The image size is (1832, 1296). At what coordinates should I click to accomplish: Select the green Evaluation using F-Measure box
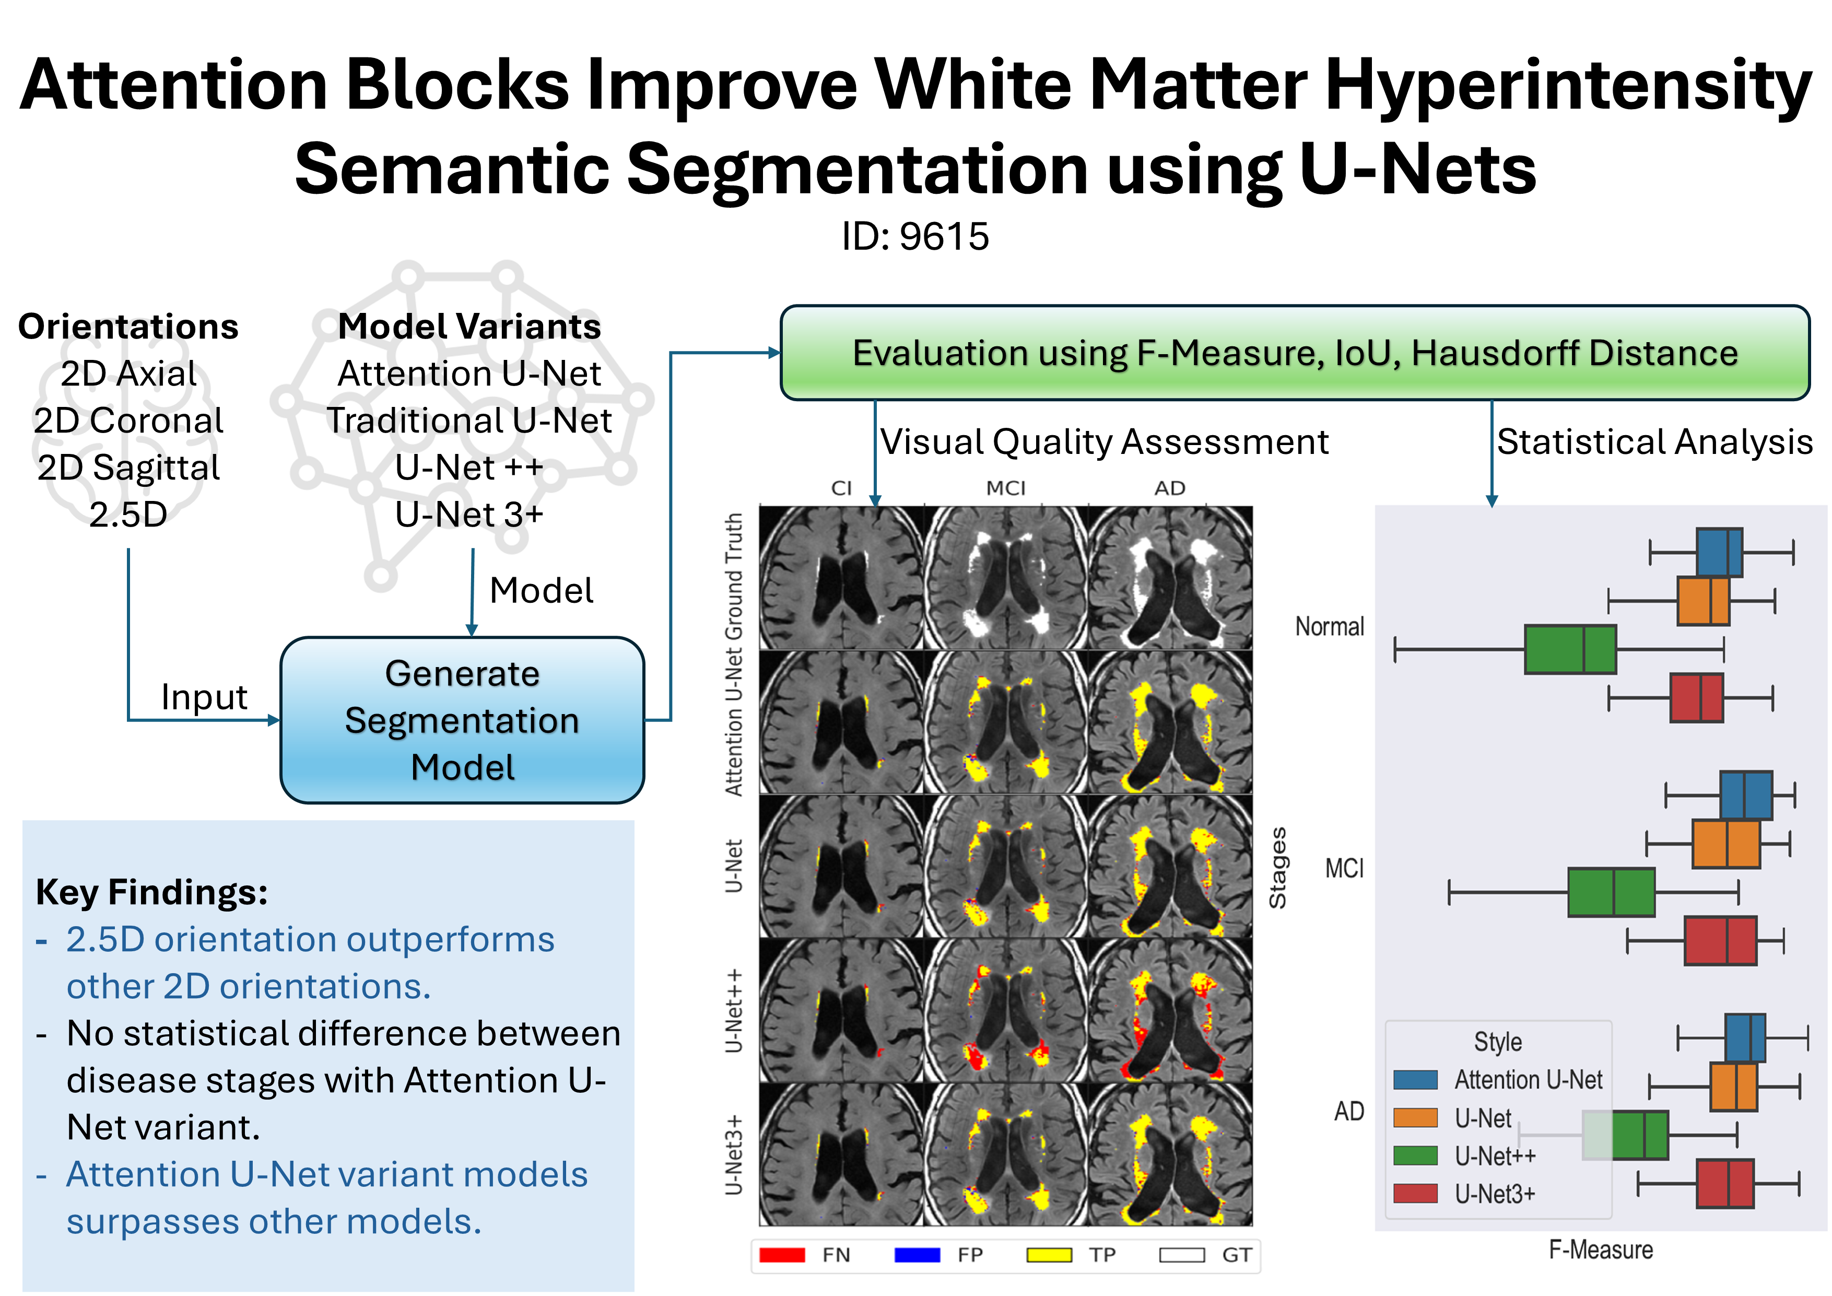click(x=1295, y=353)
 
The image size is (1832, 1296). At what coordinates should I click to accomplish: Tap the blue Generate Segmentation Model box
click(x=462, y=720)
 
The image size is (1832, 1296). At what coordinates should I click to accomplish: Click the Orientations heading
click(x=128, y=326)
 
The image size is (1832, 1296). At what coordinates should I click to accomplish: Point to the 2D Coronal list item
click(x=128, y=421)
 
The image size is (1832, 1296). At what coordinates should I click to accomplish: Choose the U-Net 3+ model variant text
click(x=469, y=515)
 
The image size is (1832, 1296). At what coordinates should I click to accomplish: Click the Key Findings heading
click(x=151, y=892)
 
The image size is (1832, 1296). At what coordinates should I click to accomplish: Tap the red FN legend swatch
click(x=782, y=1255)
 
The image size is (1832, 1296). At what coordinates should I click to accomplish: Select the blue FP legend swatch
click(x=918, y=1255)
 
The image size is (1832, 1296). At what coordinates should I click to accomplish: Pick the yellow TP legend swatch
click(x=1049, y=1255)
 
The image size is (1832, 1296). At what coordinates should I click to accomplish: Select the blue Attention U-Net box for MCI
click(x=1746, y=795)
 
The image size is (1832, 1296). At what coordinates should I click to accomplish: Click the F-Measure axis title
click(x=1601, y=1250)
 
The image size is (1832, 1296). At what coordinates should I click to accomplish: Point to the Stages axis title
click(x=1277, y=868)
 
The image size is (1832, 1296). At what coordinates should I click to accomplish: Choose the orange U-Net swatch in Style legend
click(x=1415, y=1117)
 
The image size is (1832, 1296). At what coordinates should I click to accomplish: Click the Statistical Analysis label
click(x=1654, y=441)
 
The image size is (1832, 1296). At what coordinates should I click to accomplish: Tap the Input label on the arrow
click(x=204, y=697)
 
